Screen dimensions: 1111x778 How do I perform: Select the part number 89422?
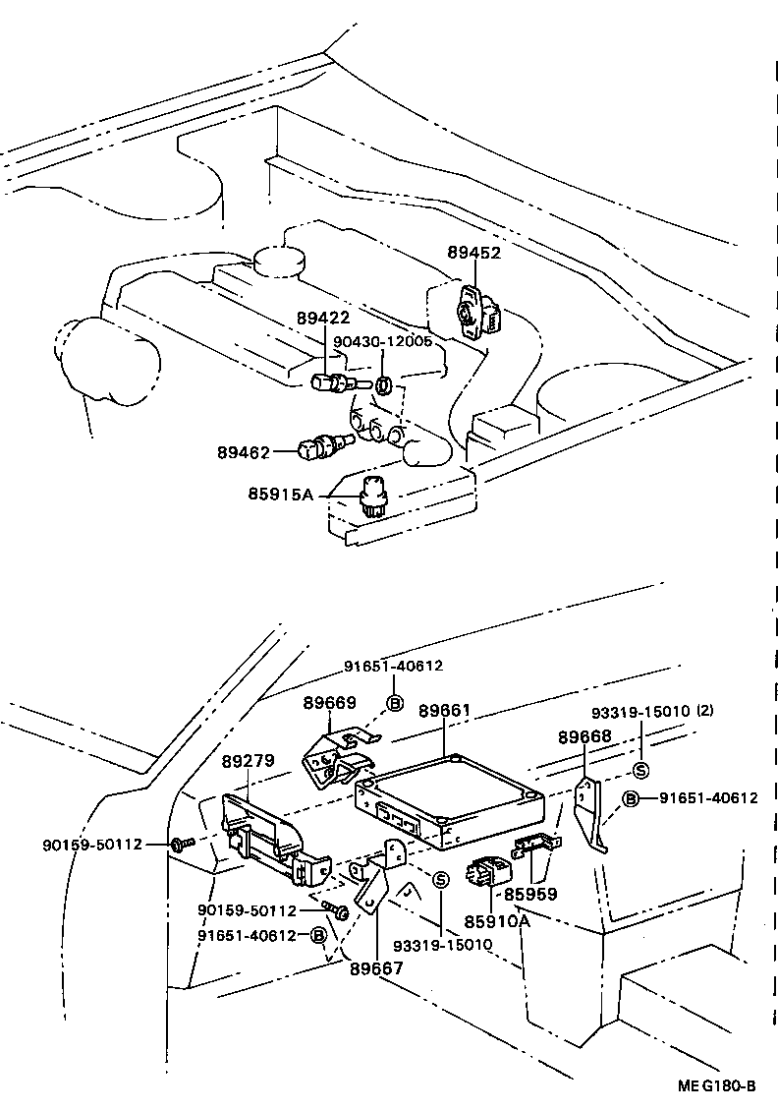[x=323, y=319]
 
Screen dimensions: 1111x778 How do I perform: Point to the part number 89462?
[x=244, y=452]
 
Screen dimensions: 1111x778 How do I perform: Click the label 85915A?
[x=280, y=495]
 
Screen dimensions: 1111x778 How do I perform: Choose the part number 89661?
[x=445, y=710]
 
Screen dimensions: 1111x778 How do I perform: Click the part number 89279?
[x=248, y=761]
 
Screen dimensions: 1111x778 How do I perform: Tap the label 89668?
[x=584, y=736]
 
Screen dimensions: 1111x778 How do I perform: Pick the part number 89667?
[x=376, y=967]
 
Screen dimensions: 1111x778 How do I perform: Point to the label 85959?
[x=530, y=895]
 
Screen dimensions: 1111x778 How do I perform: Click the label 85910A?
[x=497, y=921]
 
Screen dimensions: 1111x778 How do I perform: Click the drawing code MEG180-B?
[x=715, y=1085]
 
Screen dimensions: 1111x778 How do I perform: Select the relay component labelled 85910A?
[x=487, y=872]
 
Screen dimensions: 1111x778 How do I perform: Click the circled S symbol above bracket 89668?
[x=639, y=770]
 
